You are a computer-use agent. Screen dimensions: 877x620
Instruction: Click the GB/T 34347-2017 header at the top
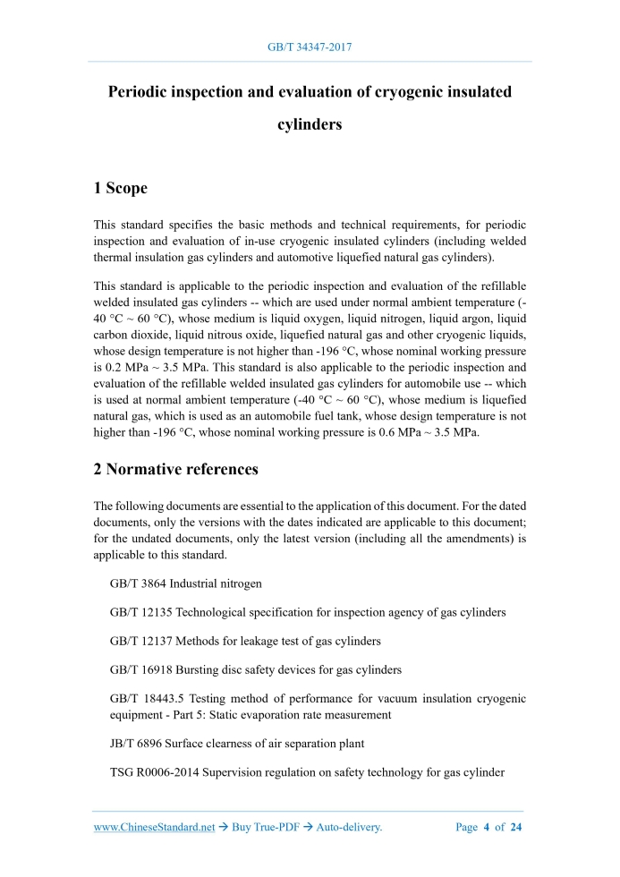coord(310,46)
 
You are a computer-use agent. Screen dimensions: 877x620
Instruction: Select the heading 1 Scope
coord(120,188)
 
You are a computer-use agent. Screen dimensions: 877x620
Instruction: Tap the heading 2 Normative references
coord(176,469)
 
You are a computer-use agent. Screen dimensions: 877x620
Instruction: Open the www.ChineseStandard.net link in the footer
coord(155,827)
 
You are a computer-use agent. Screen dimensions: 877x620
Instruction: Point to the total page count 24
coord(515,827)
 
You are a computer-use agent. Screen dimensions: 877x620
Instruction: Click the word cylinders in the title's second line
coord(310,124)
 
